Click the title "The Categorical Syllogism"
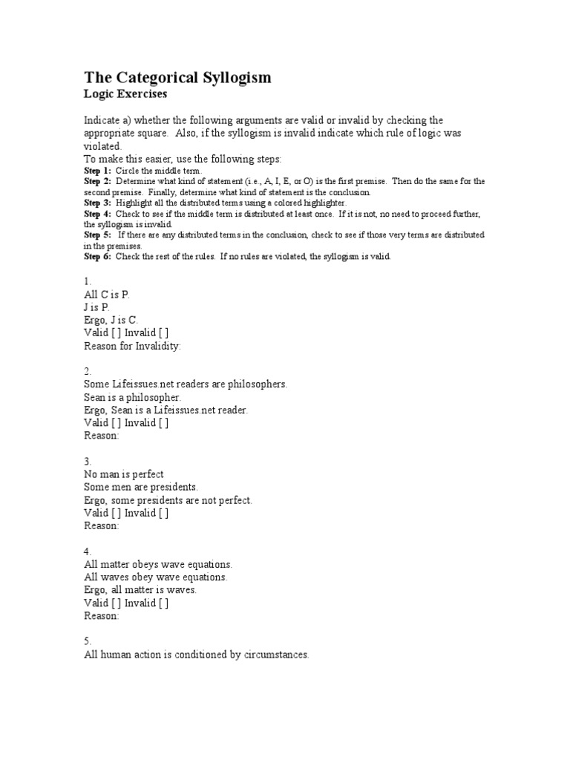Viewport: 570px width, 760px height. point(177,77)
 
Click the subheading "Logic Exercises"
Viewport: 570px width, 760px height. point(125,94)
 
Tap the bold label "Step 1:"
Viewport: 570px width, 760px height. point(97,171)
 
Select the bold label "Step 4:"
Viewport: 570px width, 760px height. point(97,214)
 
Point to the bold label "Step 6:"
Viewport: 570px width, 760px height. point(97,256)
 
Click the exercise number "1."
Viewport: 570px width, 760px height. point(88,282)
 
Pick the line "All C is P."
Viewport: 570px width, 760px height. point(108,295)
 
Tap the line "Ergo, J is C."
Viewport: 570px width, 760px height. point(111,320)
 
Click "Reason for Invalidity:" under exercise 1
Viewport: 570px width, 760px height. point(132,346)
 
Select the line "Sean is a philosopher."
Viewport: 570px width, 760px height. point(132,398)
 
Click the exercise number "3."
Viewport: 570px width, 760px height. point(88,462)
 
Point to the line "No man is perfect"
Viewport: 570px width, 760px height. point(124,474)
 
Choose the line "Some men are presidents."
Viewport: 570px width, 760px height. point(141,487)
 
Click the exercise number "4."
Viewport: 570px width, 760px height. point(88,551)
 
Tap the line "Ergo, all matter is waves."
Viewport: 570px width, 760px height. point(140,590)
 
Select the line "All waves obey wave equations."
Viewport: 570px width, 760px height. point(156,577)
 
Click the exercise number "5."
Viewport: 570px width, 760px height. point(88,641)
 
